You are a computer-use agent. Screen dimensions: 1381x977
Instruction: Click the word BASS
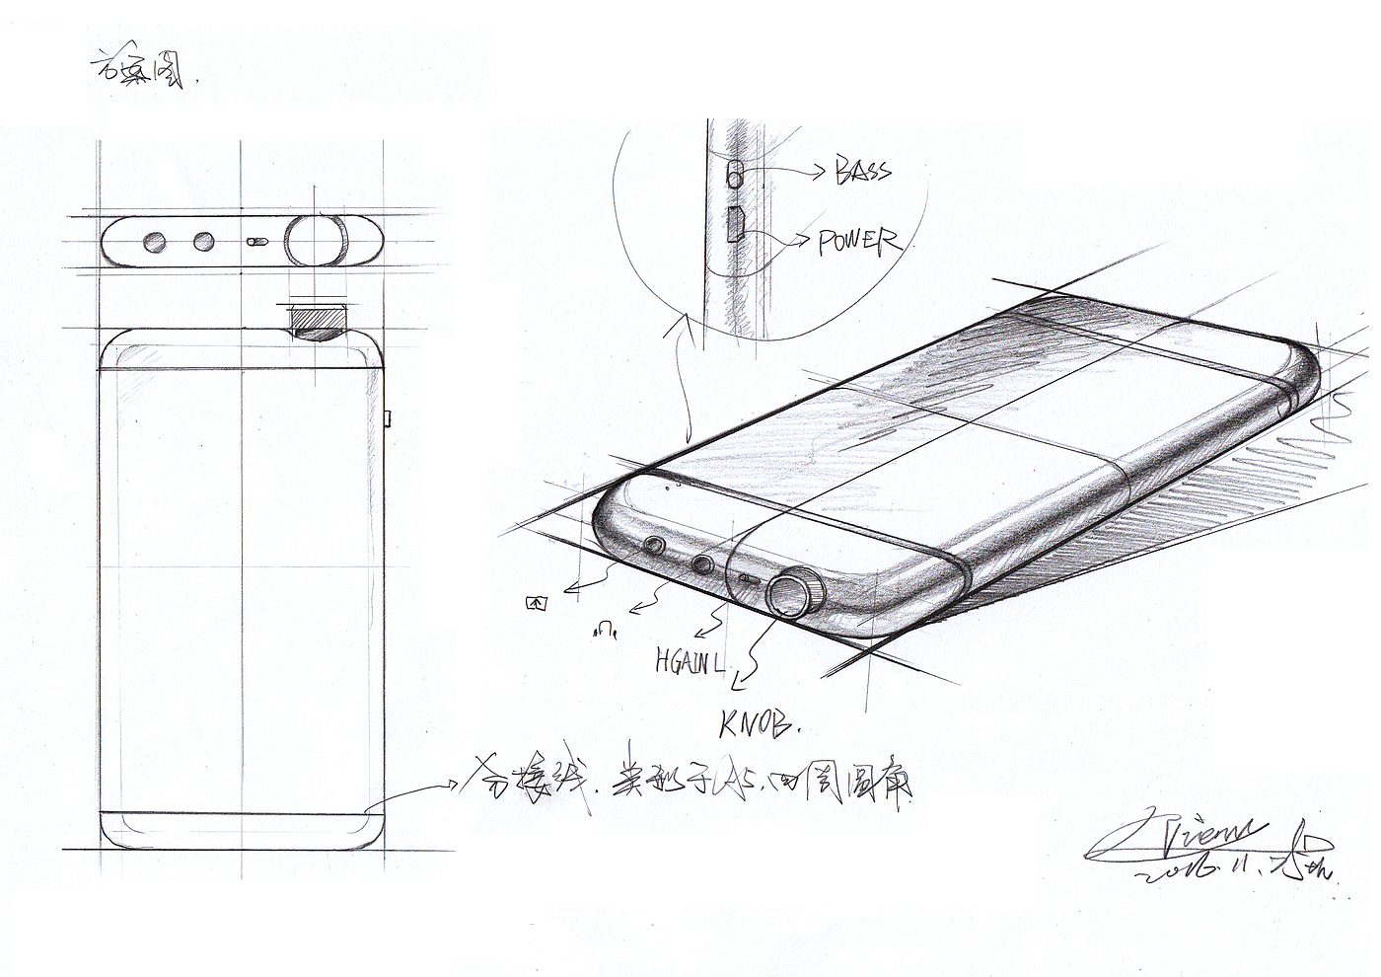pos(863,170)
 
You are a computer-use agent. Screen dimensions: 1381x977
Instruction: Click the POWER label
pos(858,241)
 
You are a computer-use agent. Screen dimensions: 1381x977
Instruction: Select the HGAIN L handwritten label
pos(689,661)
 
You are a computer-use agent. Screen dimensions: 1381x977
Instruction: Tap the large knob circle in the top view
pos(318,240)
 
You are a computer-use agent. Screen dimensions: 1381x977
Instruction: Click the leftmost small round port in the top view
pos(153,241)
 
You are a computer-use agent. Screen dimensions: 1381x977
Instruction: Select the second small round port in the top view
pos(204,241)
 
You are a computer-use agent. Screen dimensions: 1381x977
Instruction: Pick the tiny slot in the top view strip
pos(258,240)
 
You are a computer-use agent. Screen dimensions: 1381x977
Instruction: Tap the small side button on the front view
pos(388,418)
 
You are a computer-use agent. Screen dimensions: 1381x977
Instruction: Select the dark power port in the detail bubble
pos(735,225)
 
